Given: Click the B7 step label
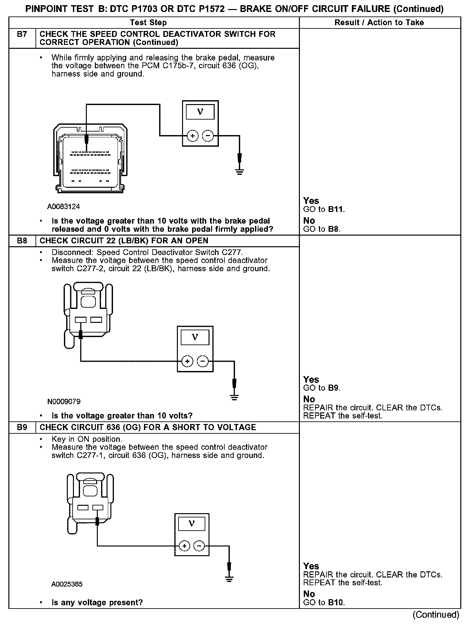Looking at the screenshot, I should tap(22, 34).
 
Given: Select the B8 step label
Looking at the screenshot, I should tap(22, 241).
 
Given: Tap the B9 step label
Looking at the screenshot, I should tap(22, 427).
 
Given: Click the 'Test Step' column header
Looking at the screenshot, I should tap(148, 23).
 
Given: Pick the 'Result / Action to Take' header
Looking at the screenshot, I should tap(379, 23).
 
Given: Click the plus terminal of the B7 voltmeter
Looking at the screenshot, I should tap(193, 136).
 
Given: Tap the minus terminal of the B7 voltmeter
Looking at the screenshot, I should tap(208, 136).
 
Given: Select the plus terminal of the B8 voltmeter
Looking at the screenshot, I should tap(187, 361).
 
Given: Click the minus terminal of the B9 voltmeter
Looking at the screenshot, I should tap(199, 546).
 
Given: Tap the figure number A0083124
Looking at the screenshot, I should tap(64, 207).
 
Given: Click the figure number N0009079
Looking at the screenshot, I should tap(64, 402).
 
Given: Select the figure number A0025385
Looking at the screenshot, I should tap(67, 584).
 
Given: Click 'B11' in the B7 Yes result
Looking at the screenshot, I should tap(336, 209).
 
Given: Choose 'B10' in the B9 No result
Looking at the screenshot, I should tap(336, 602).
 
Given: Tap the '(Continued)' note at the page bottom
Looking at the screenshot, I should tap(436, 615).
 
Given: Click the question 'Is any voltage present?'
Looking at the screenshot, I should tap(97, 603).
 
